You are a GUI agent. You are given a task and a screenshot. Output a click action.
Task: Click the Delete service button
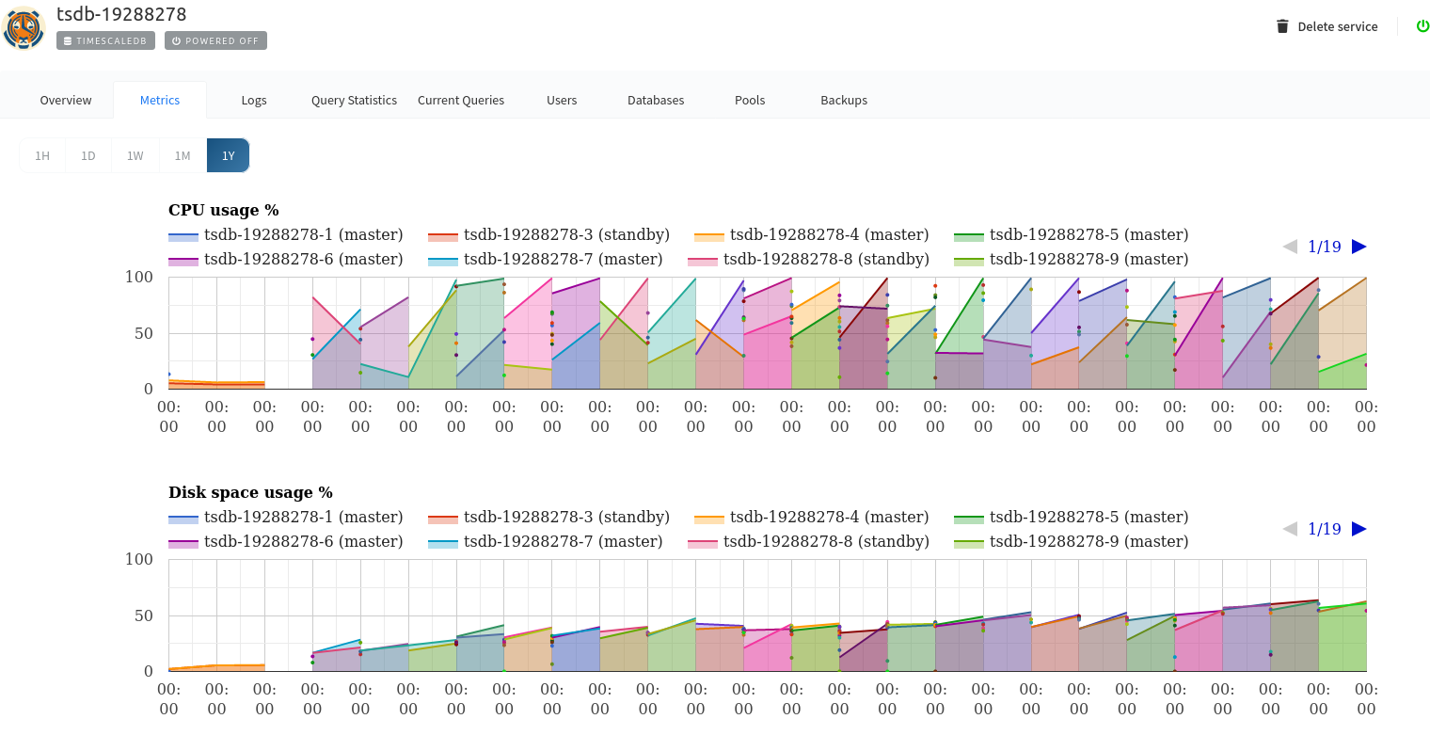tap(1327, 26)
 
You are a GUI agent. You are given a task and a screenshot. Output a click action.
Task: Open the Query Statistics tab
tap(354, 100)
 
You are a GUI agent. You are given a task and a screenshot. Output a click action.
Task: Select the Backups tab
tap(843, 100)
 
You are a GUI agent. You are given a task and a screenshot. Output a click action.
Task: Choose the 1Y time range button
tap(228, 155)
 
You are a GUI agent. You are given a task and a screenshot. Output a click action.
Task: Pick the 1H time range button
tap(42, 155)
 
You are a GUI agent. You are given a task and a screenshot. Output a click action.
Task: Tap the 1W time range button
tap(135, 155)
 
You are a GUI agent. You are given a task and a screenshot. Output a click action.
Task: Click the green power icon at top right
tap(1422, 26)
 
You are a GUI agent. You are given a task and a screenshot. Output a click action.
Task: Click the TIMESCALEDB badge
tap(105, 40)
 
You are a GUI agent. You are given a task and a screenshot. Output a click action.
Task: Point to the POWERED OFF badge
tap(215, 40)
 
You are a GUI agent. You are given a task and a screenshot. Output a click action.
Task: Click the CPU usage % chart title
tap(223, 210)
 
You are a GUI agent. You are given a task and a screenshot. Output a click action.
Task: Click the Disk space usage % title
tap(250, 492)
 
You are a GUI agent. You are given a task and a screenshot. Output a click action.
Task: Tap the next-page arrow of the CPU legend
tap(1358, 247)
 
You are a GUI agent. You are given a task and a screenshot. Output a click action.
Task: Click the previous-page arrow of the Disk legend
tap(1290, 529)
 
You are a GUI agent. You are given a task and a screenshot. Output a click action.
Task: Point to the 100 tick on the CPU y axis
tap(138, 277)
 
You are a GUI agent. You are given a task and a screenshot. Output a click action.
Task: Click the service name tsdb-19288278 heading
tap(121, 14)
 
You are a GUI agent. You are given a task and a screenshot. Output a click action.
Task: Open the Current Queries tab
tap(460, 100)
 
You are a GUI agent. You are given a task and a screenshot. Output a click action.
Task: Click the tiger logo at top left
tap(24, 28)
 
